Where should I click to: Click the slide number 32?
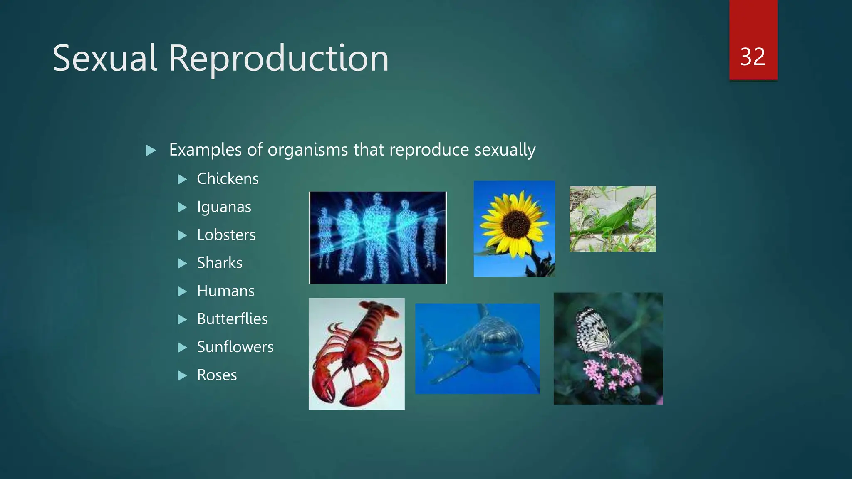753,57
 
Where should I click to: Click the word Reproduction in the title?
278,58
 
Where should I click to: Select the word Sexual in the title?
105,58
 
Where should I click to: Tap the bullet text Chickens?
228,179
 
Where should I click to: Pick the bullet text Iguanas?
224,207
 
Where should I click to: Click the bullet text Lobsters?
226,235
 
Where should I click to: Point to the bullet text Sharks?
219,263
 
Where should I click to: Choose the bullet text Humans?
225,291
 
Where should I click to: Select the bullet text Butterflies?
232,319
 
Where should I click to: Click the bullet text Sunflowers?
235,347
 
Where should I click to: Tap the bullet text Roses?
217,375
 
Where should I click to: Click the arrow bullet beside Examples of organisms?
151,150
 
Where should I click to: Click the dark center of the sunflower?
515,224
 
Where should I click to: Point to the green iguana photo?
612,219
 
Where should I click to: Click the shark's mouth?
495,351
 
